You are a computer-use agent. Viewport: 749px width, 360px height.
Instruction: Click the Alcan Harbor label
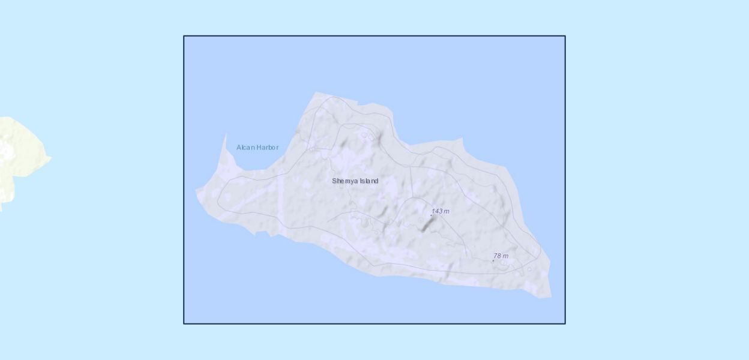257,148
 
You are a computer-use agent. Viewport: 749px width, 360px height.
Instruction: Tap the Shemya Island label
355,181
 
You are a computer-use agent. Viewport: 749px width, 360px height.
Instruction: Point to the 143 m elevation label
441,211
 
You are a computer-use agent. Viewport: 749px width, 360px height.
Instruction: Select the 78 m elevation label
501,256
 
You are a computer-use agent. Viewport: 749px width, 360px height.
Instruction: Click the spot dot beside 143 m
431,215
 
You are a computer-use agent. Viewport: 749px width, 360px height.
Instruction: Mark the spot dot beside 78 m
493,260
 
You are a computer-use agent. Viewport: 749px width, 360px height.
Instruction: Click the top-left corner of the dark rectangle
184,36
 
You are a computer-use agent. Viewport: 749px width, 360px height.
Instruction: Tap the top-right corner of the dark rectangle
565,36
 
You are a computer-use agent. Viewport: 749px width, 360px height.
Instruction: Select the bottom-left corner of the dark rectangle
184,324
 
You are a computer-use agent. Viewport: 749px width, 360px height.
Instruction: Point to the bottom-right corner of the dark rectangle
565,324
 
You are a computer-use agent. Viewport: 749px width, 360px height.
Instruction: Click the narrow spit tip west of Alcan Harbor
226,135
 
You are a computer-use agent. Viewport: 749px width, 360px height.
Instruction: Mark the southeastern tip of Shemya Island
550,297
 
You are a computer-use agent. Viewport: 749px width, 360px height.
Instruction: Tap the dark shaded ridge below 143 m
428,224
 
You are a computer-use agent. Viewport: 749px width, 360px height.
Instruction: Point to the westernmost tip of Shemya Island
196,191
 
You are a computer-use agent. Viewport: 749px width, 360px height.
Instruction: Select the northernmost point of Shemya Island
316,92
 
